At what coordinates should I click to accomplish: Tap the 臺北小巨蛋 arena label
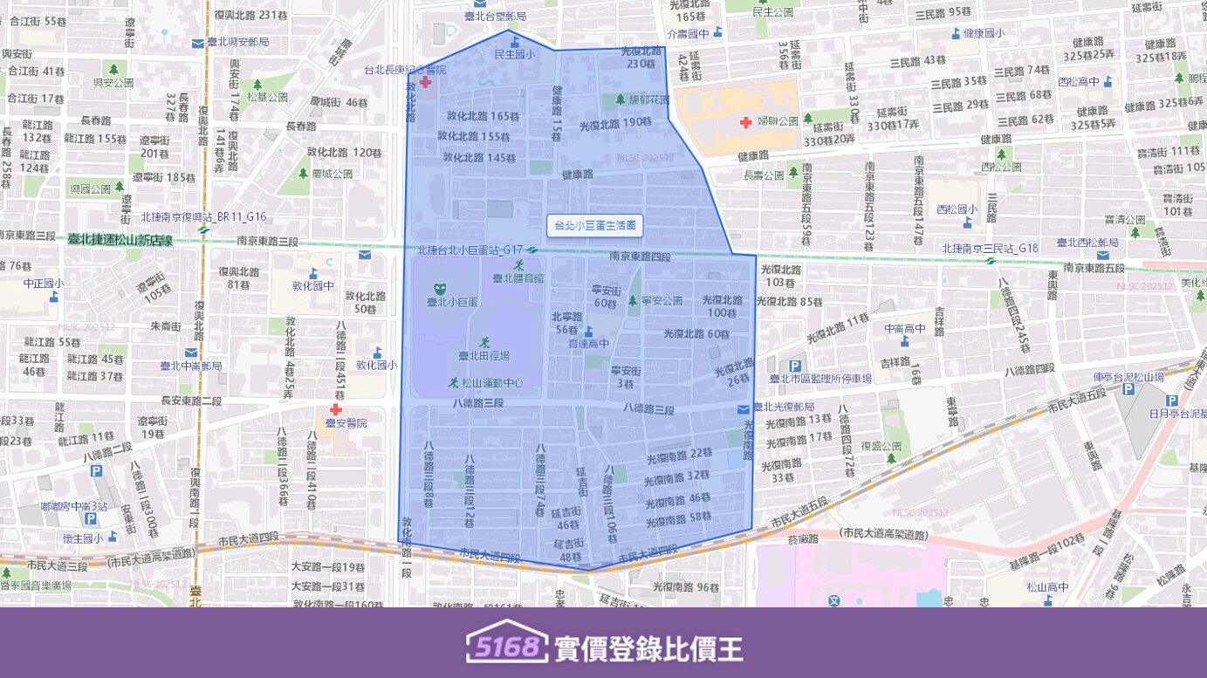coord(450,302)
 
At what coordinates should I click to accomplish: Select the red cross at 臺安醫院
coord(335,409)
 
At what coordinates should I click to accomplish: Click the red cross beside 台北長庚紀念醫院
coord(425,82)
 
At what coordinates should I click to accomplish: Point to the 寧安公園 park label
coord(662,301)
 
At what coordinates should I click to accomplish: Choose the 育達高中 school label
coord(589,344)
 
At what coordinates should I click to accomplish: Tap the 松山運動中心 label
coord(492,382)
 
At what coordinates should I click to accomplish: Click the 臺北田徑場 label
coord(483,355)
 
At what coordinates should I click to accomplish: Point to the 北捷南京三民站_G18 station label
coord(990,249)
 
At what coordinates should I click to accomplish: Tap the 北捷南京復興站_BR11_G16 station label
coord(203,216)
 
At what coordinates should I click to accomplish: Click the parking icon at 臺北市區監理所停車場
coord(794,366)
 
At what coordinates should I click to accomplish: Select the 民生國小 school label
coord(515,54)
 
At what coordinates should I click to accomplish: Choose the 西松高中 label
coord(1078,81)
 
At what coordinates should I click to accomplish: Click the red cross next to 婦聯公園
coord(745,122)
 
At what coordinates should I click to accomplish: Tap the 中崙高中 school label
coord(905,329)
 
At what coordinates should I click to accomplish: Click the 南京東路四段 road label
coord(641,257)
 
